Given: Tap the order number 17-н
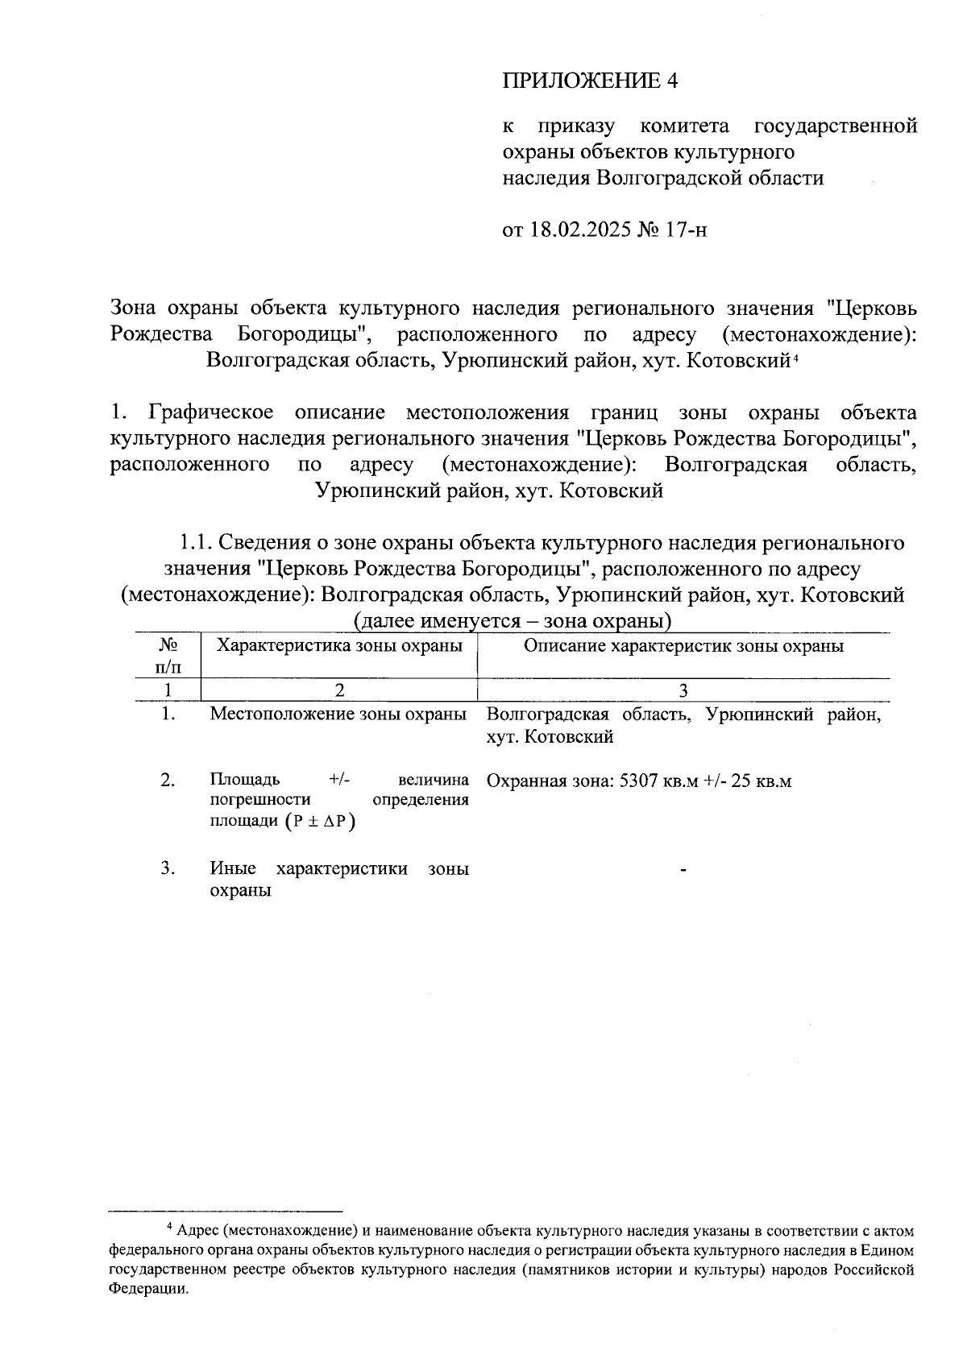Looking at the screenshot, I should pos(687,230).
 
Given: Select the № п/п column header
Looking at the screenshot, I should pos(168,656).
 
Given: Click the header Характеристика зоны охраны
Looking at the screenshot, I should pos(339,646).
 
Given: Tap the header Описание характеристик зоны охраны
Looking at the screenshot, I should pos(683,646).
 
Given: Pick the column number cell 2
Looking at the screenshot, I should pos(339,690).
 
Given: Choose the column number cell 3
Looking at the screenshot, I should pos(683,690).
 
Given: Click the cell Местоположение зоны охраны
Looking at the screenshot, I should pos(338,715).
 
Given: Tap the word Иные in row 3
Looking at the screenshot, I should pos(233,868).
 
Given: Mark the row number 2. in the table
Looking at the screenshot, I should pos(168,780).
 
